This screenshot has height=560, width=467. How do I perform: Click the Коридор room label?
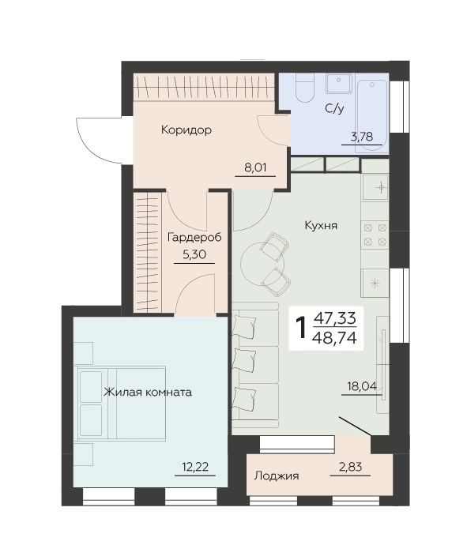[x=186, y=130]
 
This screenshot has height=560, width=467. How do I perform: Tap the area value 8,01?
[x=255, y=167]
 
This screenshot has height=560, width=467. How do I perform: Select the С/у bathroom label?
[x=335, y=108]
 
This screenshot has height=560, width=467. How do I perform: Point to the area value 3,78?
[x=362, y=137]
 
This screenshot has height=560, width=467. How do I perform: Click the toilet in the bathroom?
[x=305, y=88]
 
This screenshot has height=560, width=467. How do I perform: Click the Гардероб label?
[x=194, y=238]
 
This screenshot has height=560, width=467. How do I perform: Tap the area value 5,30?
[x=194, y=254]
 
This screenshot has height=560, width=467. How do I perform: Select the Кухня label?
[x=322, y=226]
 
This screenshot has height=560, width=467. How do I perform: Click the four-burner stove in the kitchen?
[x=375, y=235]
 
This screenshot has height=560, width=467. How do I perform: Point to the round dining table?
[x=262, y=265]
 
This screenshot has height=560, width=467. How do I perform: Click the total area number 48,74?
[x=334, y=336]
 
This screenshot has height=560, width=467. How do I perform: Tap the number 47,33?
[x=335, y=318]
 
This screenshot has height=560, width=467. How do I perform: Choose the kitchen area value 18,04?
[x=362, y=386]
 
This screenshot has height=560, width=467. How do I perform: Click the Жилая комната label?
[x=148, y=393]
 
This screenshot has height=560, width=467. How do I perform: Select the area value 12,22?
[x=195, y=467]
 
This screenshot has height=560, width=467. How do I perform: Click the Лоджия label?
[x=277, y=476]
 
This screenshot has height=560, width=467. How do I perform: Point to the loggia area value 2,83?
[x=350, y=467]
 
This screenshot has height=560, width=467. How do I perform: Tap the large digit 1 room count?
[x=303, y=329]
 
